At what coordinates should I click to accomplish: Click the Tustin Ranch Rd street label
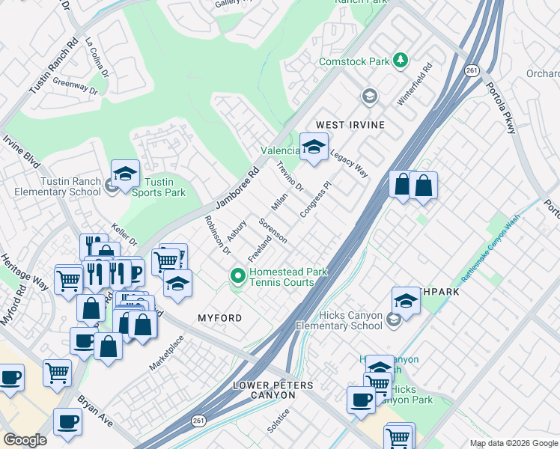(53, 67)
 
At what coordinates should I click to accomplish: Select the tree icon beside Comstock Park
(401, 61)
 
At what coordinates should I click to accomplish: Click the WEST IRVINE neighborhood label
(350, 124)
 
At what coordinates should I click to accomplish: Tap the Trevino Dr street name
(290, 176)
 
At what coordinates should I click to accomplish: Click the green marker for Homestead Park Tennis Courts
(238, 278)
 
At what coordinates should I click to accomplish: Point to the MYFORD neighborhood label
(219, 318)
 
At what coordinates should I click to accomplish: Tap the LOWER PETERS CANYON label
(273, 390)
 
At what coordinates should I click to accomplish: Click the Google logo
(25, 440)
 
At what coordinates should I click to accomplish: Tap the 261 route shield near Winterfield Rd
(472, 70)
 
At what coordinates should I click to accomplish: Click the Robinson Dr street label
(217, 235)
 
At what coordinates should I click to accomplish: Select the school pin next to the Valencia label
(314, 147)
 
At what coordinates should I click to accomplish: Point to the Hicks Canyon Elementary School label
(339, 320)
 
